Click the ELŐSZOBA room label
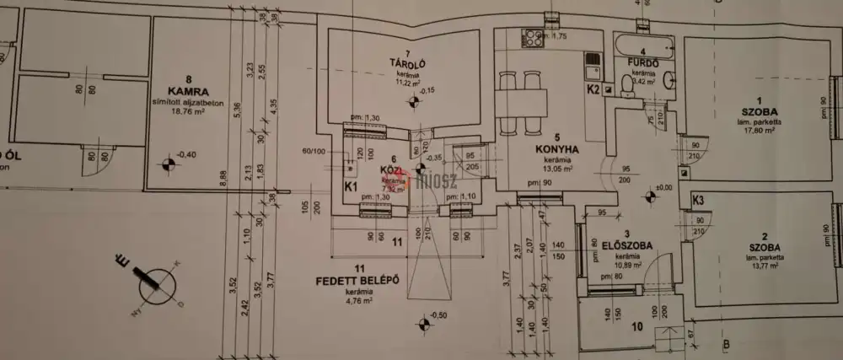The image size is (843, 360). pyautogui.click(x=625, y=245)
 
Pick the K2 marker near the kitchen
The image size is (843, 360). pyautogui.click(x=593, y=88)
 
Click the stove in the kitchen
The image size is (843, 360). pyautogui.click(x=534, y=37)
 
